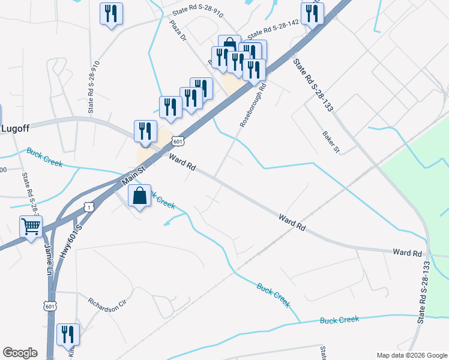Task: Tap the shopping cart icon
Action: pos(31,227)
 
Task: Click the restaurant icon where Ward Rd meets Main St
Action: pos(145,130)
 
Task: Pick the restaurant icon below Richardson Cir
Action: pos(68,334)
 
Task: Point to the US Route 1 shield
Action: pos(89,207)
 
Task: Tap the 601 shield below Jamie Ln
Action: pos(50,306)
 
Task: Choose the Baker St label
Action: pos(331,142)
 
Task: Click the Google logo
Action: pos(20,353)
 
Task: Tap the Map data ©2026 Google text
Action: pos(412,355)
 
